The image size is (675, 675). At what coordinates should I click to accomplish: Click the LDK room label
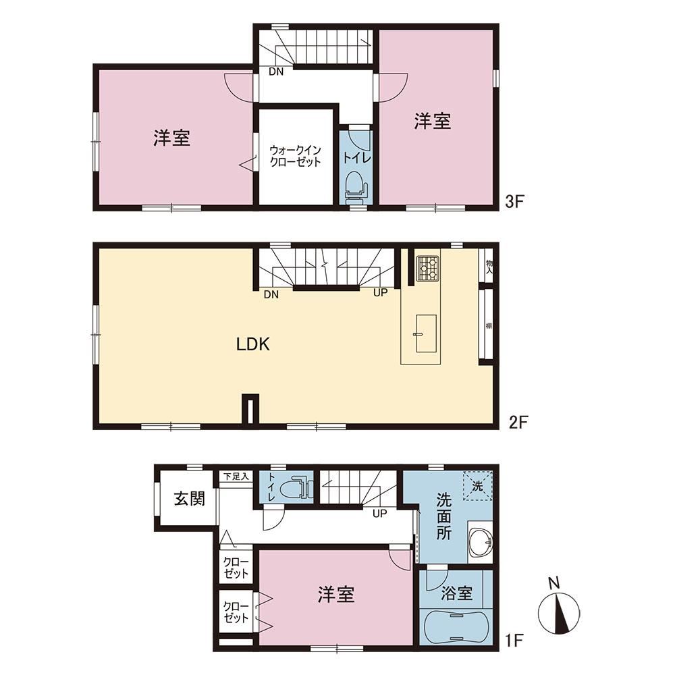click(253, 344)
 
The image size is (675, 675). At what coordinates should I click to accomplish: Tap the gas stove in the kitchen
click(427, 268)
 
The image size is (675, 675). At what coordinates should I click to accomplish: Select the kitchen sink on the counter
click(426, 334)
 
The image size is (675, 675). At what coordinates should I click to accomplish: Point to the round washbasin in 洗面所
click(481, 543)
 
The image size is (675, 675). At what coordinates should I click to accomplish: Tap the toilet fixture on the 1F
click(296, 488)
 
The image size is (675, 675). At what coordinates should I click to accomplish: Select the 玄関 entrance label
click(189, 499)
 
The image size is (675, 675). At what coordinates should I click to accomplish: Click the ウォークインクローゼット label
click(296, 156)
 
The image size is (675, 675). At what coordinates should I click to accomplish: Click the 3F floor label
click(514, 201)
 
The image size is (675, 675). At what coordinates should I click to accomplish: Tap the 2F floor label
click(518, 422)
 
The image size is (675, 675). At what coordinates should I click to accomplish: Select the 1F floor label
click(514, 641)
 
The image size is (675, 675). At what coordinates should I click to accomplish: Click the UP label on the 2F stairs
click(380, 293)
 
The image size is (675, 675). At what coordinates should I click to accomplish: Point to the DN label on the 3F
click(276, 72)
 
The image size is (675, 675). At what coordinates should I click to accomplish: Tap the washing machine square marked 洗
click(477, 487)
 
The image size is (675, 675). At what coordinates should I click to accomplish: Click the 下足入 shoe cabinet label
click(236, 477)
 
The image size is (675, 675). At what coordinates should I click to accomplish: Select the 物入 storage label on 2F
click(489, 267)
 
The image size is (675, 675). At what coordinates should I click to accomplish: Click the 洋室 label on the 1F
click(336, 595)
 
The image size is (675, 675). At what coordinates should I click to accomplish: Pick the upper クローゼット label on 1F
click(236, 568)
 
